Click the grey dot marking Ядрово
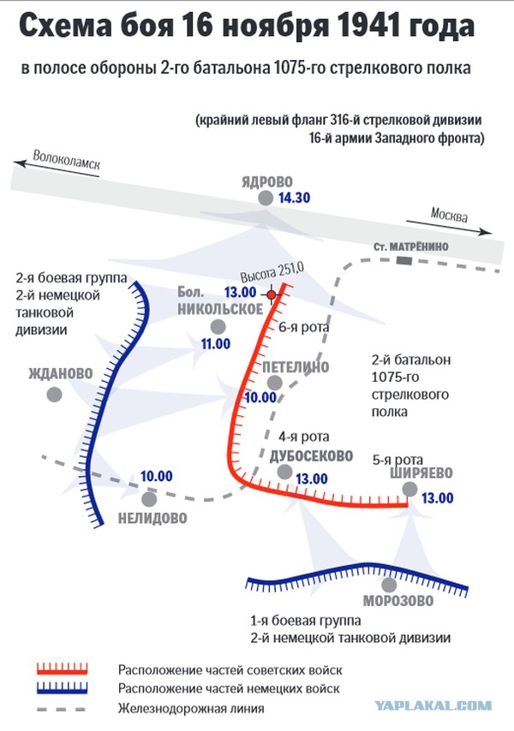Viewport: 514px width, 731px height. (x=266, y=198)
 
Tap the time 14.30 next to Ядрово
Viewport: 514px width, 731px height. (x=295, y=198)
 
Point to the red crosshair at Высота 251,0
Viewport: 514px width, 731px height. (x=272, y=294)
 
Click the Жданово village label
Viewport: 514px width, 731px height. (x=61, y=373)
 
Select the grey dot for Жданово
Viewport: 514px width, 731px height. (x=55, y=395)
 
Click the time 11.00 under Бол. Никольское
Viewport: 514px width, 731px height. (x=216, y=344)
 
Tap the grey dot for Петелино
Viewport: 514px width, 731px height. (x=275, y=383)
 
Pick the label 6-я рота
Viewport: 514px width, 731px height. (x=303, y=327)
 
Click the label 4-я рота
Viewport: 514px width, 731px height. (x=303, y=437)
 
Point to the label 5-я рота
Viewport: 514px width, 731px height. (x=397, y=460)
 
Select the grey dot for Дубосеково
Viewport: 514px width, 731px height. (x=284, y=472)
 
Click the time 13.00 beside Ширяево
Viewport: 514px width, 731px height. (x=438, y=498)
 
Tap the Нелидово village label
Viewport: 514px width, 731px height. (x=152, y=518)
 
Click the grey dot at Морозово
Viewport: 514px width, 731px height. (x=389, y=585)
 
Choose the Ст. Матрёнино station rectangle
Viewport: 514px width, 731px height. (x=404, y=260)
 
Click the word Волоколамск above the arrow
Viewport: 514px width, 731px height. (x=66, y=160)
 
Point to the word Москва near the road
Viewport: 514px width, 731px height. (x=449, y=215)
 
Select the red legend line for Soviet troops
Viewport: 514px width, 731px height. (x=62, y=669)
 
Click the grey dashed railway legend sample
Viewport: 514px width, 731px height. (x=61, y=710)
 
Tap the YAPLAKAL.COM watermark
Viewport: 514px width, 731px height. (x=433, y=706)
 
